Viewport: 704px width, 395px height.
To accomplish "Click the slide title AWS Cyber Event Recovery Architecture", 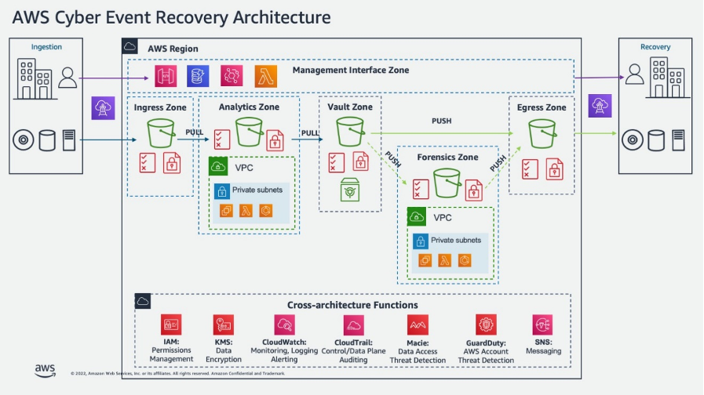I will [x=170, y=16].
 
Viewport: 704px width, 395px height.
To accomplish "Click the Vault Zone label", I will [x=350, y=107].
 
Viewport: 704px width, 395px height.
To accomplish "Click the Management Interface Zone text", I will [x=351, y=71].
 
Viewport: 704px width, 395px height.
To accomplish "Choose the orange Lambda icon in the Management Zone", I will [x=265, y=76].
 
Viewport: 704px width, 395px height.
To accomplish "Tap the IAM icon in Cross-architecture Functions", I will [x=171, y=324].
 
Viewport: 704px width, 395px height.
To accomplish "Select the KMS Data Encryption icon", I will [x=223, y=324].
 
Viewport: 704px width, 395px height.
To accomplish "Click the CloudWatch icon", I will [x=285, y=324].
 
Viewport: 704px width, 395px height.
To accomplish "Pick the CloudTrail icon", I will [x=353, y=324].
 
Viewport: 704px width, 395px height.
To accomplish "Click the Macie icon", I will [x=417, y=324].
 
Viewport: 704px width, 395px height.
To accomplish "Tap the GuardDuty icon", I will [x=486, y=324].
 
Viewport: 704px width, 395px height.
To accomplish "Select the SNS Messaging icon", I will [x=542, y=324].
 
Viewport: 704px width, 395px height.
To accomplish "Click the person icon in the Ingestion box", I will [x=68, y=77].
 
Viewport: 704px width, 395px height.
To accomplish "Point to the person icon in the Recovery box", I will [x=635, y=74].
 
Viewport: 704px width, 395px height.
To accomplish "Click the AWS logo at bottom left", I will [x=45, y=370].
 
